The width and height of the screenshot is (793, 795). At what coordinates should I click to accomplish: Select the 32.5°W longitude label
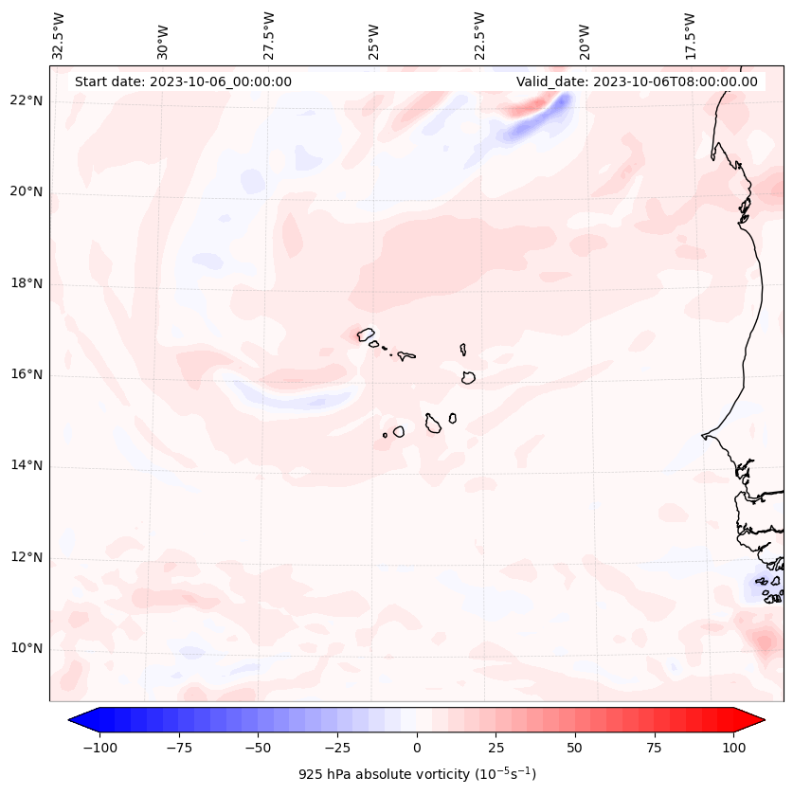point(59,35)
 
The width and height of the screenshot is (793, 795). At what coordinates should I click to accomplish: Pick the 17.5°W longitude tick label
point(690,35)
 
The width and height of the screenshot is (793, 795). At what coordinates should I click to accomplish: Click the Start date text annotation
point(183,81)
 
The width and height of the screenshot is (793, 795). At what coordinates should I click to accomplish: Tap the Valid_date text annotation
point(637,81)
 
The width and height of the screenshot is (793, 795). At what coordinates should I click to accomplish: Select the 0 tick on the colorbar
point(417,748)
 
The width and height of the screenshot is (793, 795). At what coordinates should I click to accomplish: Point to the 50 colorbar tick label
point(575,748)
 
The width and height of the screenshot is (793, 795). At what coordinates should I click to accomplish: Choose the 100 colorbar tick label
point(732,748)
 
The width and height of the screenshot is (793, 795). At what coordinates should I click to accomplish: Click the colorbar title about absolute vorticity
point(417,774)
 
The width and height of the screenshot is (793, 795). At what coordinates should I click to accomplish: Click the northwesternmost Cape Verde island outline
point(366,334)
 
